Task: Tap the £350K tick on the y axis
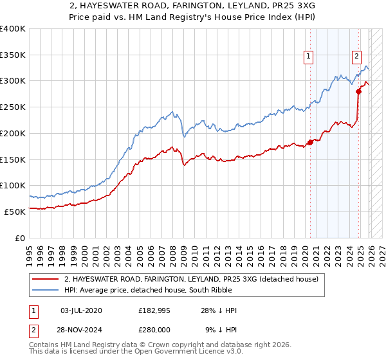pos(13,55)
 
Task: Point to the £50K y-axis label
pos(15,212)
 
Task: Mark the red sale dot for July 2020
pos(310,142)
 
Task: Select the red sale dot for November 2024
pos(359,91)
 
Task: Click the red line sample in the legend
pos(46,280)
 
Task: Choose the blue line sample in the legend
pos(46,291)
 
